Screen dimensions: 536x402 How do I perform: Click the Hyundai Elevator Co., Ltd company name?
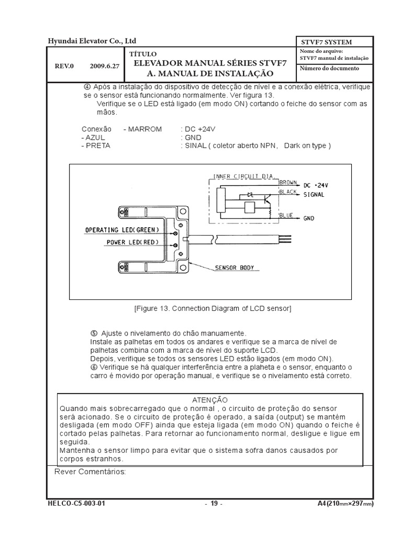point(92,41)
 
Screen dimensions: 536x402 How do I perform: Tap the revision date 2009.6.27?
point(105,67)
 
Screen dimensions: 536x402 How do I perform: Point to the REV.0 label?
point(65,67)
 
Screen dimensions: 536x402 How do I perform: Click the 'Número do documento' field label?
point(329,69)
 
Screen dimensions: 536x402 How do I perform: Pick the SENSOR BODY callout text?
point(234,267)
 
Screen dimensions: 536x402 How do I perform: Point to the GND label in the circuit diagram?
point(309,219)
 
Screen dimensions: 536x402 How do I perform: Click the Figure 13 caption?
point(213,309)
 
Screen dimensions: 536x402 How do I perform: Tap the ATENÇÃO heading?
point(210,399)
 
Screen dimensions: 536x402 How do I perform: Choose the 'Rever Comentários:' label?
point(90,472)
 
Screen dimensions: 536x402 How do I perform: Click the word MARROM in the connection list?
point(143,129)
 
